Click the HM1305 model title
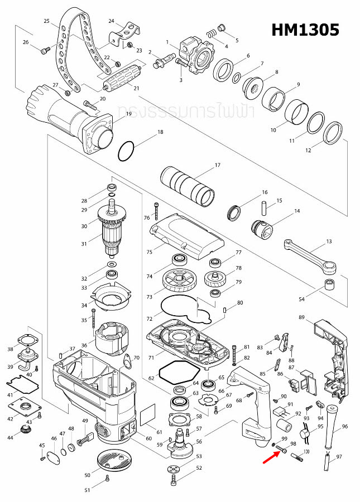305,30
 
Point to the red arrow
272,457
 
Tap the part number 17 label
218,165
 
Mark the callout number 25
47,21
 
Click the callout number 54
302,300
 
